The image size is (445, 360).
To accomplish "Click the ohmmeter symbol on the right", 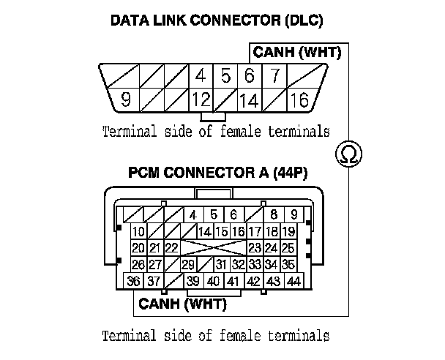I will click(x=349, y=154).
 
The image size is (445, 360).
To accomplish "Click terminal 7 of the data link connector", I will click(x=274, y=75).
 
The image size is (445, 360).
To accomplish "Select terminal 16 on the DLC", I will click(x=299, y=100).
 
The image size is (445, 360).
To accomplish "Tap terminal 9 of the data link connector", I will click(x=125, y=100).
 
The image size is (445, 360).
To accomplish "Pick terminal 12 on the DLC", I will click(x=201, y=100).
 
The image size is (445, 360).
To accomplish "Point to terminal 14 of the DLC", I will click(x=249, y=100).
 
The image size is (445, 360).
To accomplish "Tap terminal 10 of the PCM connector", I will click(x=138, y=232).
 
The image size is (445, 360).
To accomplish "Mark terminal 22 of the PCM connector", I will click(x=171, y=248).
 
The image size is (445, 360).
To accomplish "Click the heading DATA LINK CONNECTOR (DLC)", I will click(x=216, y=20).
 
